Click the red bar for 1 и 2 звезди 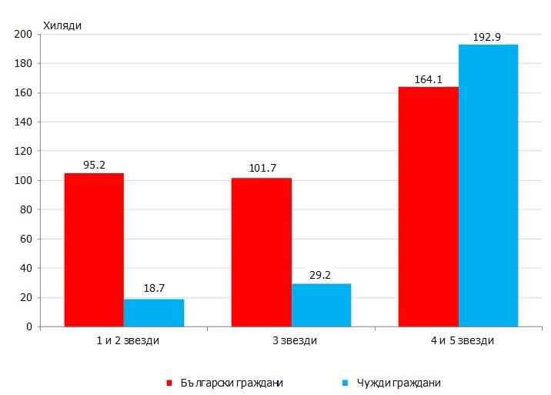(94, 249)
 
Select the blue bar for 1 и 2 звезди (154, 313)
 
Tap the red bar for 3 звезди (261, 252)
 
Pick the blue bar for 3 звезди (321, 305)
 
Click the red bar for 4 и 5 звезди (428, 206)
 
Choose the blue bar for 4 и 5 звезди (488, 186)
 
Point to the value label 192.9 (488, 37)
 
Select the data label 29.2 (321, 275)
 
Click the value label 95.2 (94, 165)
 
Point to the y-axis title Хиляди (62, 25)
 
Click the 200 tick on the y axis (22, 35)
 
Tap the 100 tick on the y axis (22, 181)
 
